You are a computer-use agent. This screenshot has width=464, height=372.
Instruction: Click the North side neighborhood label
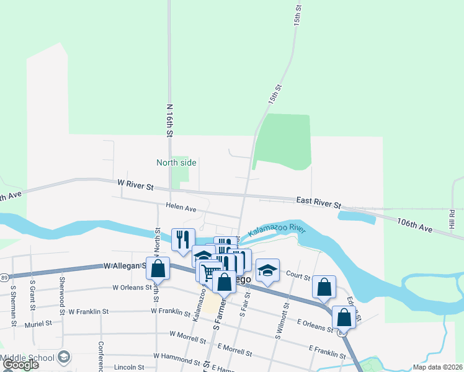coord(176,162)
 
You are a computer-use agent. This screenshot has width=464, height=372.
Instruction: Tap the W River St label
coord(135,183)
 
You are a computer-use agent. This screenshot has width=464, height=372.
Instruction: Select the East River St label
coord(318,201)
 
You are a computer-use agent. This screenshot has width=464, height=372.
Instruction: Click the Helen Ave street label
coord(181,208)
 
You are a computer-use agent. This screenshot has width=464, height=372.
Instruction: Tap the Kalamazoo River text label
coord(277,230)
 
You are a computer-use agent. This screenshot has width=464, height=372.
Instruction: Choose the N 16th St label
coord(169,119)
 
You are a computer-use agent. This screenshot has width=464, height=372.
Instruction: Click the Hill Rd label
coord(452,218)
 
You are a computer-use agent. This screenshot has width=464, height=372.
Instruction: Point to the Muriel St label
coord(38,324)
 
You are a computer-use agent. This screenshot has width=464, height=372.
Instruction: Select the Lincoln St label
coord(128,366)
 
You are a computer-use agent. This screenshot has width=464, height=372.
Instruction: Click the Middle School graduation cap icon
coord(64,358)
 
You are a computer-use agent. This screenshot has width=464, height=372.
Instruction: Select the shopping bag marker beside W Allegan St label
coord(158,268)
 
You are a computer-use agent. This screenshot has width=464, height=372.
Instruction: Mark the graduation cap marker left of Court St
coord(267,270)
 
